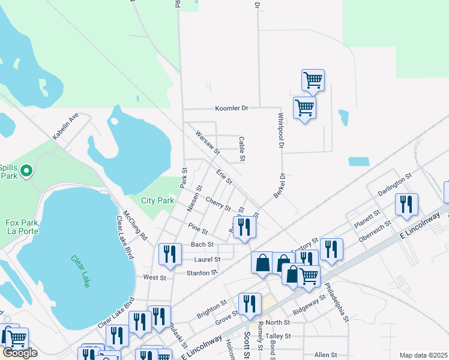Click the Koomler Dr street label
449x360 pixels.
point(232,109)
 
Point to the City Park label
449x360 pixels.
point(157,200)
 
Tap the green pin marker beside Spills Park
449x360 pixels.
point(26,172)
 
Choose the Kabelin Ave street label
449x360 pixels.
point(65,126)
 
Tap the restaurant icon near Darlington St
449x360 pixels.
point(406,205)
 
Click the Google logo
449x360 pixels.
point(20,353)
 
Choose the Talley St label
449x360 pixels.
point(277,337)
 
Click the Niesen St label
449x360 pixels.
point(193,199)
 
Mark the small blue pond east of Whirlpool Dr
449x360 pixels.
point(358,161)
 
